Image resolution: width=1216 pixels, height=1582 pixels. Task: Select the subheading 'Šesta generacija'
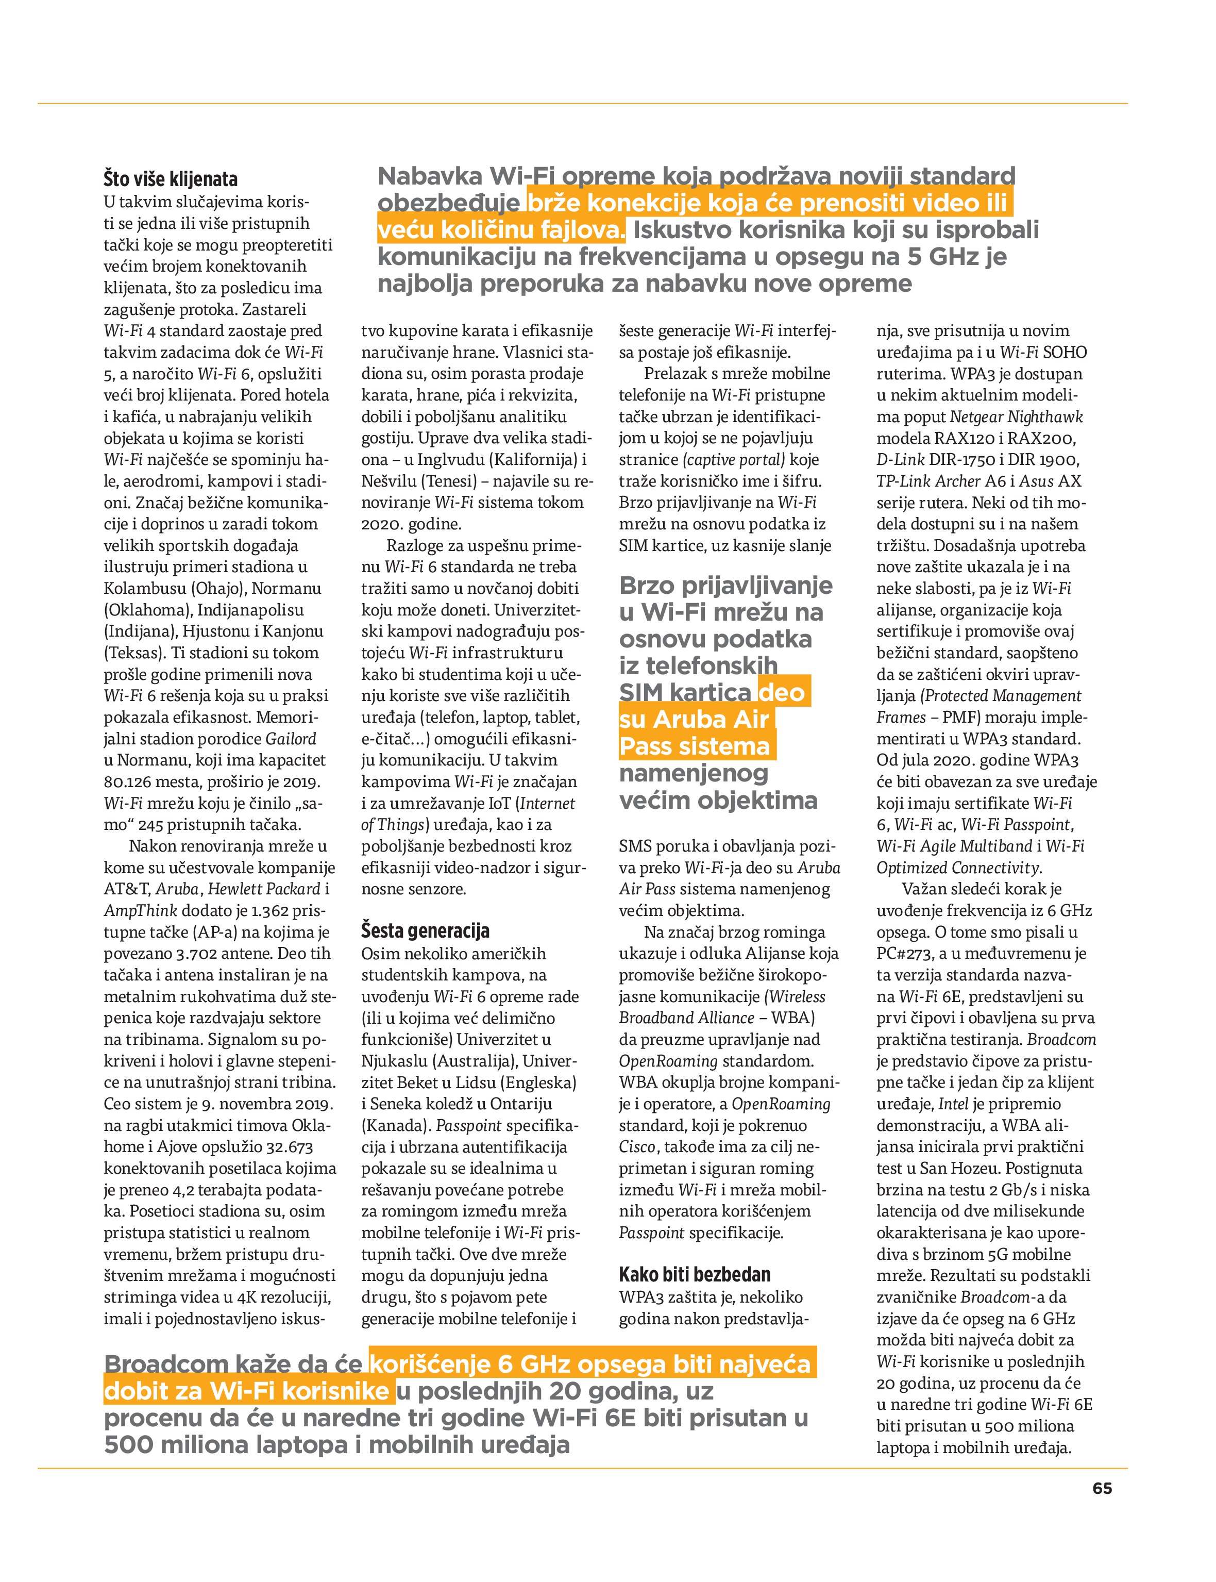425,930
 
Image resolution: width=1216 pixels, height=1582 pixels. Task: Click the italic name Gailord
291,739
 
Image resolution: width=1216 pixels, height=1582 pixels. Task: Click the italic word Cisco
637,1147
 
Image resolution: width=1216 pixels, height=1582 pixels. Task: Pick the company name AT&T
127,889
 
